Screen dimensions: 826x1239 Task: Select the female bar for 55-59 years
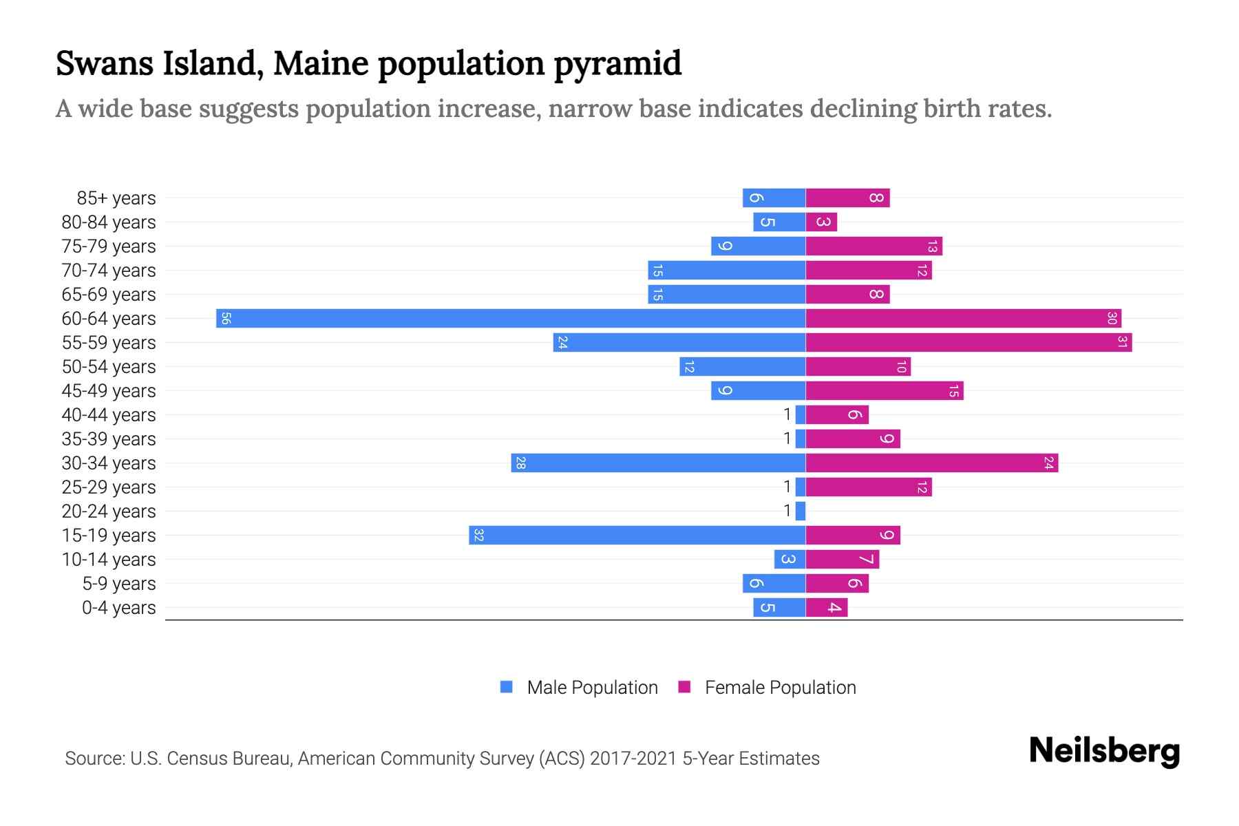point(968,343)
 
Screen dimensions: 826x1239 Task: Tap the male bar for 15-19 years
point(637,536)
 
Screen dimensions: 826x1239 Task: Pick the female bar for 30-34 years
point(931,463)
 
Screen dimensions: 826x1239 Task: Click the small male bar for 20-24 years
point(800,511)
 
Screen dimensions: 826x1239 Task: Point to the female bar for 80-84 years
point(821,222)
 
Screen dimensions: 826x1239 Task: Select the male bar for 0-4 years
point(779,608)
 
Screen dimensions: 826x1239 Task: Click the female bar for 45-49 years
point(885,391)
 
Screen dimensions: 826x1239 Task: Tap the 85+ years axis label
point(116,198)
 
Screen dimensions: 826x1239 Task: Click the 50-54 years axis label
point(109,367)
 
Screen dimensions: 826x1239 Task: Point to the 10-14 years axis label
point(109,560)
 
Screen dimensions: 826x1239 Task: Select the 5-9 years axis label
point(119,584)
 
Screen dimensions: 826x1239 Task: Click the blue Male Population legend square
point(507,687)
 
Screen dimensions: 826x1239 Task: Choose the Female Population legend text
point(780,688)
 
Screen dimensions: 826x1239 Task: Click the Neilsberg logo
point(1104,751)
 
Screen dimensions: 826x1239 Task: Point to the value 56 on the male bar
point(225,319)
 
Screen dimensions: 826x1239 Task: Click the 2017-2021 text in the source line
point(633,759)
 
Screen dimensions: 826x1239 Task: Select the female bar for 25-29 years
point(869,487)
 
